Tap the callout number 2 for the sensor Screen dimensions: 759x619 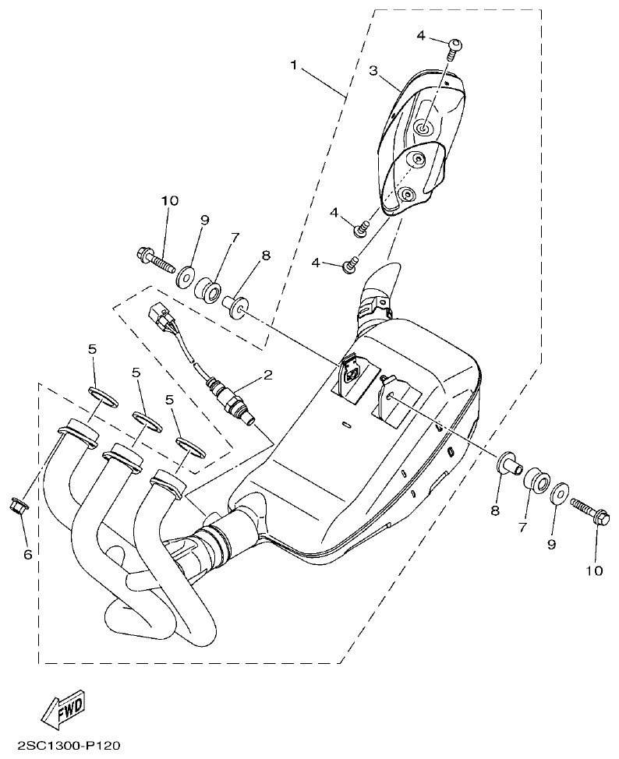(267, 376)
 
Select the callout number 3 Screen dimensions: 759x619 (373, 71)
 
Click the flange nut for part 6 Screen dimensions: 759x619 (18, 506)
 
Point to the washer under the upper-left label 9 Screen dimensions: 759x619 (186, 275)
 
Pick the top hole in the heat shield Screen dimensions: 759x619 (423, 129)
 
